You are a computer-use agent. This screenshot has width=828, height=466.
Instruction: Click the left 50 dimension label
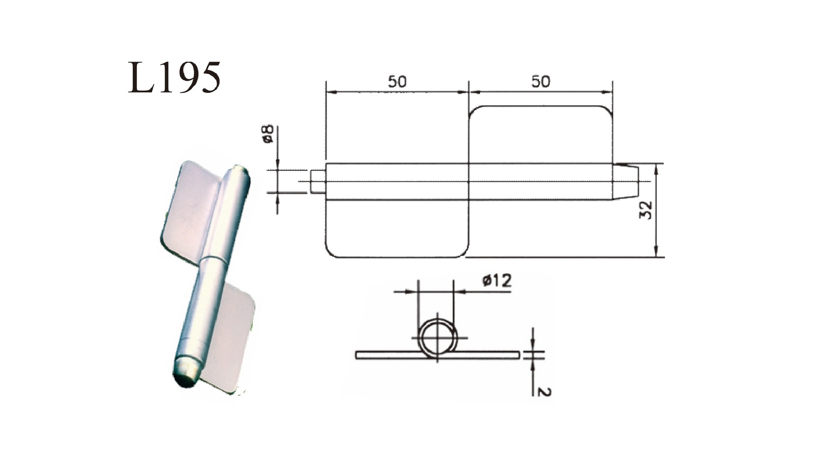click(397, 82)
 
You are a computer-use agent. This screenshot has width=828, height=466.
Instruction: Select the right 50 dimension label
click(541, 82)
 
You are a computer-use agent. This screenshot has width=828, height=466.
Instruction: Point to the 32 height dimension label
click(646, 210)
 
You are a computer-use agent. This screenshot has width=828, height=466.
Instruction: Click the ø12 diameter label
click(497, 281)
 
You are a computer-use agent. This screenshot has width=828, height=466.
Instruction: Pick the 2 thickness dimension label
click(545, 391)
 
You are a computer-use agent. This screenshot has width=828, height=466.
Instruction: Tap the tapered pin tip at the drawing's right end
click(625, 181)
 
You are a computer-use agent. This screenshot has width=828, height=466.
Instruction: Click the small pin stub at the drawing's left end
click(317, 181)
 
